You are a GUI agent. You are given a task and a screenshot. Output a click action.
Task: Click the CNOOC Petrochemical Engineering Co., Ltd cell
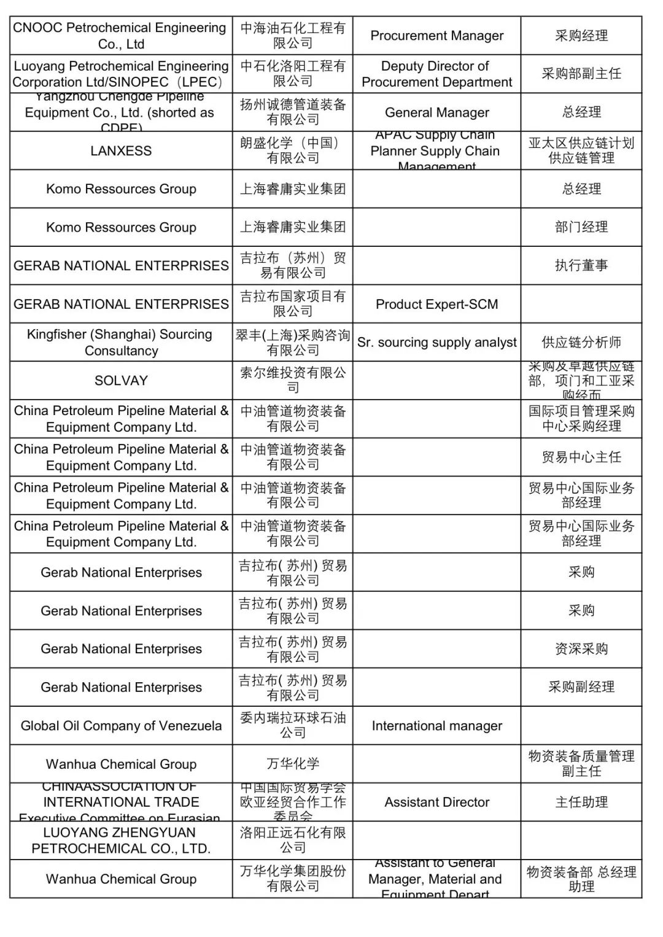click(121, 36)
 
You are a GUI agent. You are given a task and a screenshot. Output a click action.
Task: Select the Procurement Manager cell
click(436, 36)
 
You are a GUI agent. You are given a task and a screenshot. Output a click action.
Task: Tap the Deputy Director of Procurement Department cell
click(436, 74)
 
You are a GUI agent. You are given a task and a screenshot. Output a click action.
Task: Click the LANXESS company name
click(121, 151)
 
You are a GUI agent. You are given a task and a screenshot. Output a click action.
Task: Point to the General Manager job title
click(436, 112)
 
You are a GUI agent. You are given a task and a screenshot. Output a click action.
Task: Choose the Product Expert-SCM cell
click(436, 304)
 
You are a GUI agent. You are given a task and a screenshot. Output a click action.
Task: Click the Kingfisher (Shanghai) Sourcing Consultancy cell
click(121, 343)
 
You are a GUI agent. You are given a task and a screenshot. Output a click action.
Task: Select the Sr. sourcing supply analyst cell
click(436, 343)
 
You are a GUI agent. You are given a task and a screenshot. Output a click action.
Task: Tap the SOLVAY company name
click(121, 381)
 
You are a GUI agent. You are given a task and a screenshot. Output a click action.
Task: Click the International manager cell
click(436, 726)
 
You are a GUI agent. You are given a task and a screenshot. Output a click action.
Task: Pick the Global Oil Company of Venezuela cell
click(121, 726)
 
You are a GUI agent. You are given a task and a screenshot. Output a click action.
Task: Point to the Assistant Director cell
click(436, 802)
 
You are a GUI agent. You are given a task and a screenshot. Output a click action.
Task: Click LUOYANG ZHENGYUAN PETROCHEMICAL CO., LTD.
click(121, 841)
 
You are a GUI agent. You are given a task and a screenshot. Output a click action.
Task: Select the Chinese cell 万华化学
click(293, 764)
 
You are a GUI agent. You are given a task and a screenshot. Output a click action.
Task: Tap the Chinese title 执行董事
click(581, 265)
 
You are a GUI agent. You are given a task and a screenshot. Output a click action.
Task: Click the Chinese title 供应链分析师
click(581, 343)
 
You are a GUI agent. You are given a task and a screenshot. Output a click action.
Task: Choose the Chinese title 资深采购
click(581, 649)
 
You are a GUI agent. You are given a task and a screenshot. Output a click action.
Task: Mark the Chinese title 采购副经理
click(581, 687)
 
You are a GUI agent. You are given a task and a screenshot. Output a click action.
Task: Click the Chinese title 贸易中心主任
click(581, 457)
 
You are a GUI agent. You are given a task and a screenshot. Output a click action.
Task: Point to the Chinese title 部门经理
click(581, 227)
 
